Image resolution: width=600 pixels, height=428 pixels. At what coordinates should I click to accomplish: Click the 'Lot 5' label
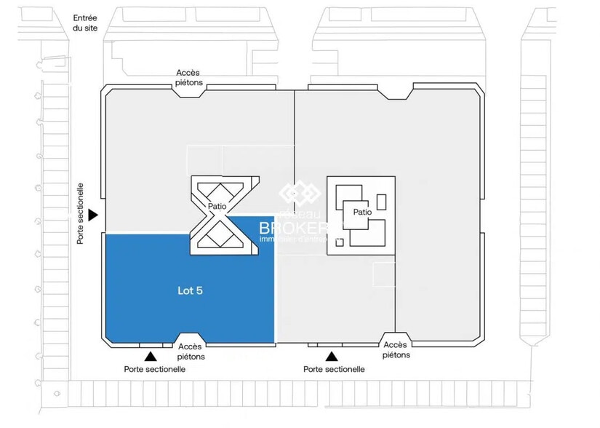tap(190, 290)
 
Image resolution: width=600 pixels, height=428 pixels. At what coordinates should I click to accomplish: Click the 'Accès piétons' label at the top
tap(189, 78)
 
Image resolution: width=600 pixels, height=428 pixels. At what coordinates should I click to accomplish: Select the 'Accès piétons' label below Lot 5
tap(191, 352)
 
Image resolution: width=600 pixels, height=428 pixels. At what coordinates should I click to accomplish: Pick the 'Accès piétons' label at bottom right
tap(396, 350)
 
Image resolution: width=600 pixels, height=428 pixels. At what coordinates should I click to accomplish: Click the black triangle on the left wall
tap(93, 215)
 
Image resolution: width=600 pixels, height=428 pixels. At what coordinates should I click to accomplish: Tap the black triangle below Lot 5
tap(151, 357)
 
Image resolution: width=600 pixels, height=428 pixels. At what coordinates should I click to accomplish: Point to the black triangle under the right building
tap(332, 357)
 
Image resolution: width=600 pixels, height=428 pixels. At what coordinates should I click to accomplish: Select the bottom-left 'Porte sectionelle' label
tap(154, 370)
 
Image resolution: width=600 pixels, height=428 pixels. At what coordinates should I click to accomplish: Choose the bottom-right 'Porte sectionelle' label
tap(334, 370)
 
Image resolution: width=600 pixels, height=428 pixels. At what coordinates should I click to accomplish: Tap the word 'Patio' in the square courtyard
tap(363, 213)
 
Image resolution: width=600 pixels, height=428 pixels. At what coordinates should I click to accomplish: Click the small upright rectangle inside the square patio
tap(381, 202)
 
